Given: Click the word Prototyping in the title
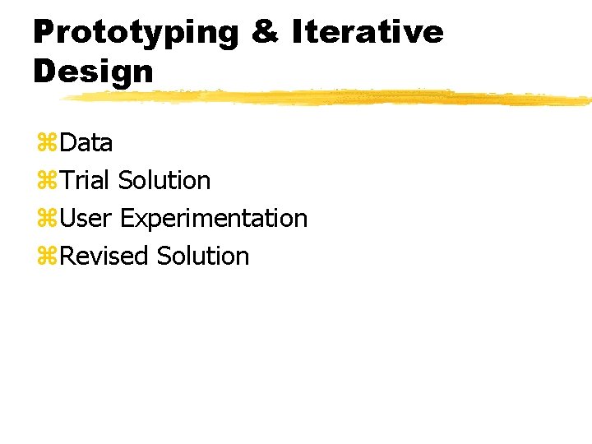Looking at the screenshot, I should pyautogui.click(x=136, y=33).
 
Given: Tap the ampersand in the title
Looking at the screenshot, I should pyautogui.click(x=266, y=33).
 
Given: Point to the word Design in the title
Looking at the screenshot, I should pyautogui.click(x=93, y=72).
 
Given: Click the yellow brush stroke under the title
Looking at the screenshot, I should pyautogui.click(x=329, y=98).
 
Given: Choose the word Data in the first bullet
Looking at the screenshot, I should pyautogui.click(x=86, y=143).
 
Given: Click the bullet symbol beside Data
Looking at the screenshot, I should pyautogui.click(x=46, y=144).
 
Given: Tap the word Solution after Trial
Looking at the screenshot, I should pyautogui.click(x=164, y=180).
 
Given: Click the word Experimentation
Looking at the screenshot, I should pyautogui.click(x=214, y=220).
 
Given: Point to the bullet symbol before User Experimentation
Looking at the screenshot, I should pyautogui.click(x=46, y=220).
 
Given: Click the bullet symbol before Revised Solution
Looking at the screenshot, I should pyautogui.click(x=46, y=257).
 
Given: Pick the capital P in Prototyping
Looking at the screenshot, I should pyautogui.click(x=43, y=33).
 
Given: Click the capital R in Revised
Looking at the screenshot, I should pyautogui.click(x=67, y=256).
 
